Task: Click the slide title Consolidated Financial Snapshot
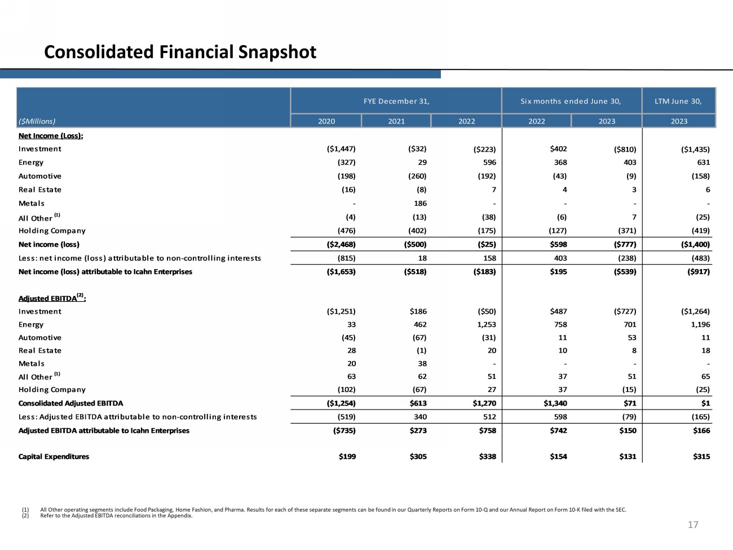point(180,52)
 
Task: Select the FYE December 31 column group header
point(396,102)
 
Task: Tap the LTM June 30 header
point(678,102)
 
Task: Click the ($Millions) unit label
point(37,121)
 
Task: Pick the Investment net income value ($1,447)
point(341,149)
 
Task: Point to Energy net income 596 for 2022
point(489,162)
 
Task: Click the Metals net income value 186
point(420,204)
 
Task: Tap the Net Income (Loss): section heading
point(51,136)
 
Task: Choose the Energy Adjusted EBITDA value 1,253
point(486,325)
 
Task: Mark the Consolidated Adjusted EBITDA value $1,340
point(555,403)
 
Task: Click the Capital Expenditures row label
point(54,457)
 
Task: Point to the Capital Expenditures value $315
point(701,457)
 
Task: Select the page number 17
point(692,525)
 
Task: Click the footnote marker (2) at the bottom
point(25,516)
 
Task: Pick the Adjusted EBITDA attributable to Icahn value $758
point(487,431)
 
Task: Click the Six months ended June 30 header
point(570,102)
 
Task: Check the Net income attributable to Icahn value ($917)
point(698,272)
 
